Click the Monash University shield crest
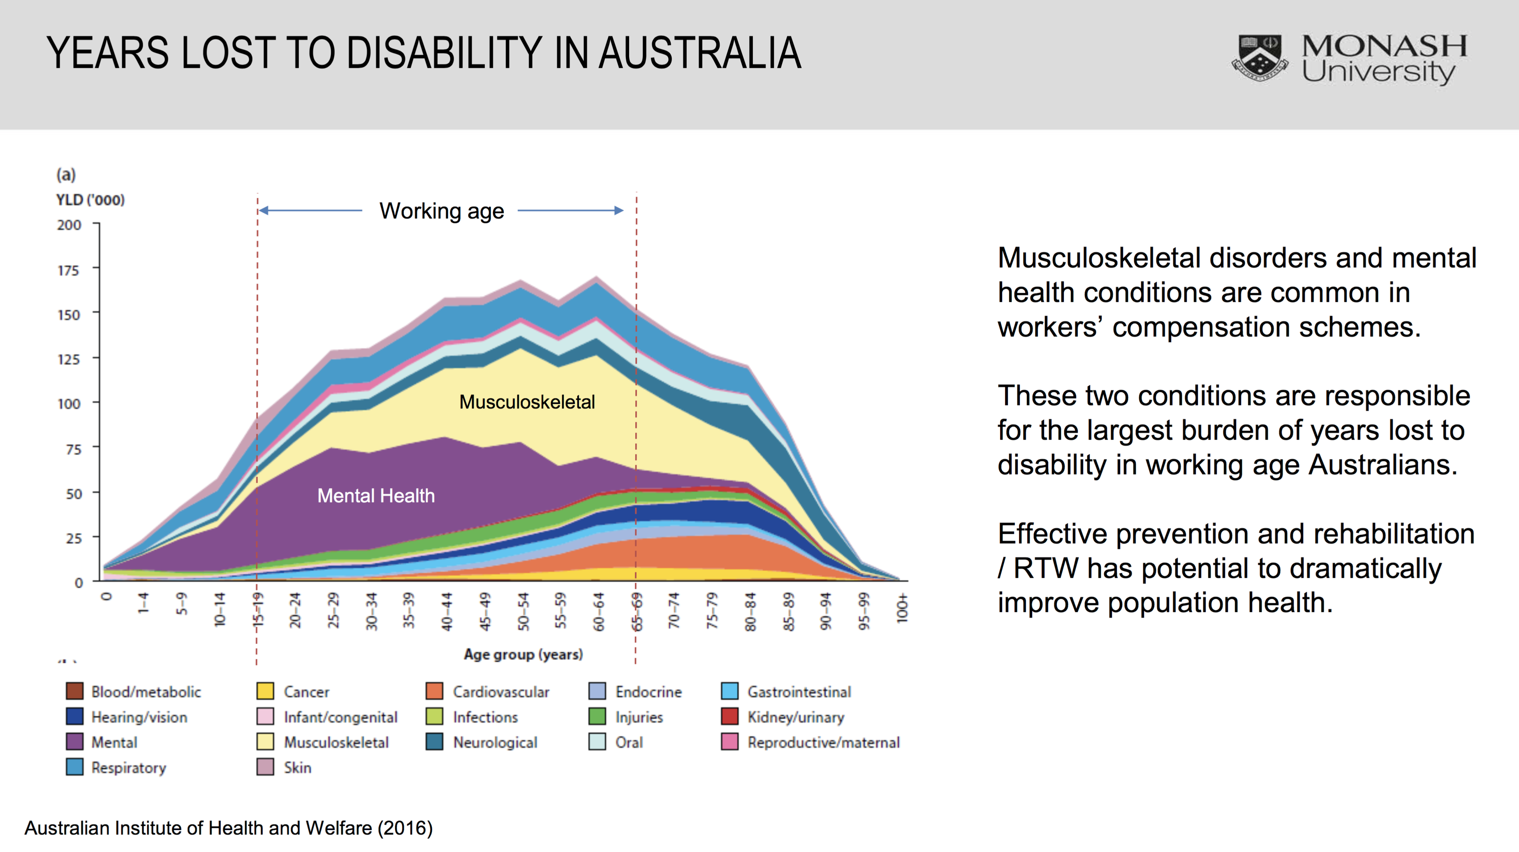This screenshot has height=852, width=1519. pos(1259,58)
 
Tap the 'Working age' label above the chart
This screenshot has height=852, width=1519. pos(442,211)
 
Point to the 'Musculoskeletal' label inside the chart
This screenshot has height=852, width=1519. pos(527,402)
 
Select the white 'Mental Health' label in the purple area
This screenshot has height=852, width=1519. pos(375,496)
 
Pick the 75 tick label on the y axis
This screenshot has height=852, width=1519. pos(73,449)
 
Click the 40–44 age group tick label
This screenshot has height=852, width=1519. pos(447,611)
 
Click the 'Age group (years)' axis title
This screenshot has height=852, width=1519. pos(523,655)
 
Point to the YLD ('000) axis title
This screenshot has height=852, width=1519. pos(90,200)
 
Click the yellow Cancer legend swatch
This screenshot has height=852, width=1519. pos(265,691)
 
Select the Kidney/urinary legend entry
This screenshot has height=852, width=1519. pos(795,717)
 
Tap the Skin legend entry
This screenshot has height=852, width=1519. pos(296,768)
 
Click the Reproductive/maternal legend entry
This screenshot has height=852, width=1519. pos(822,742)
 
